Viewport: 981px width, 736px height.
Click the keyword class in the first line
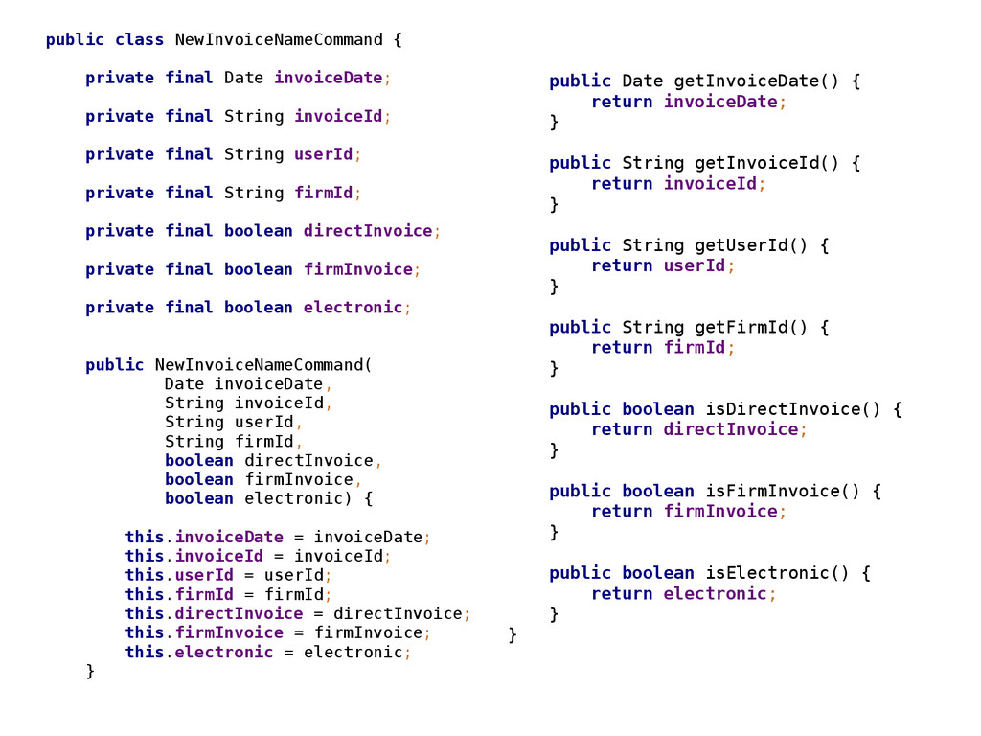tap(140, 40)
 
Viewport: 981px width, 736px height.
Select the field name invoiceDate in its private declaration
tap(329, 78)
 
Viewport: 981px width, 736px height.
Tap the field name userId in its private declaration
tap(323, 154)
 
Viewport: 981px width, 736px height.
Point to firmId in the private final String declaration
tap(323, 193)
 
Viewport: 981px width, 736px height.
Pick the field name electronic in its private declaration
tap(353, 308)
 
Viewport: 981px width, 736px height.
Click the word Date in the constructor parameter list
tap(185, 384)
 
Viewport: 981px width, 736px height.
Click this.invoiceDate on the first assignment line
tap(204, 537)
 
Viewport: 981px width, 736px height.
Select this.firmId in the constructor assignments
tap(179, 594)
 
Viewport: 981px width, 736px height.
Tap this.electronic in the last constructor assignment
tap(199, 652)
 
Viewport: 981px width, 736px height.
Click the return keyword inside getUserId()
tap(622, 265)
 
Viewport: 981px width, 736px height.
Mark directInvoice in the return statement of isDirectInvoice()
tap(730, 429)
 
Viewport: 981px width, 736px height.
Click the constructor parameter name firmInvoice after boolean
tap(299, 479)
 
